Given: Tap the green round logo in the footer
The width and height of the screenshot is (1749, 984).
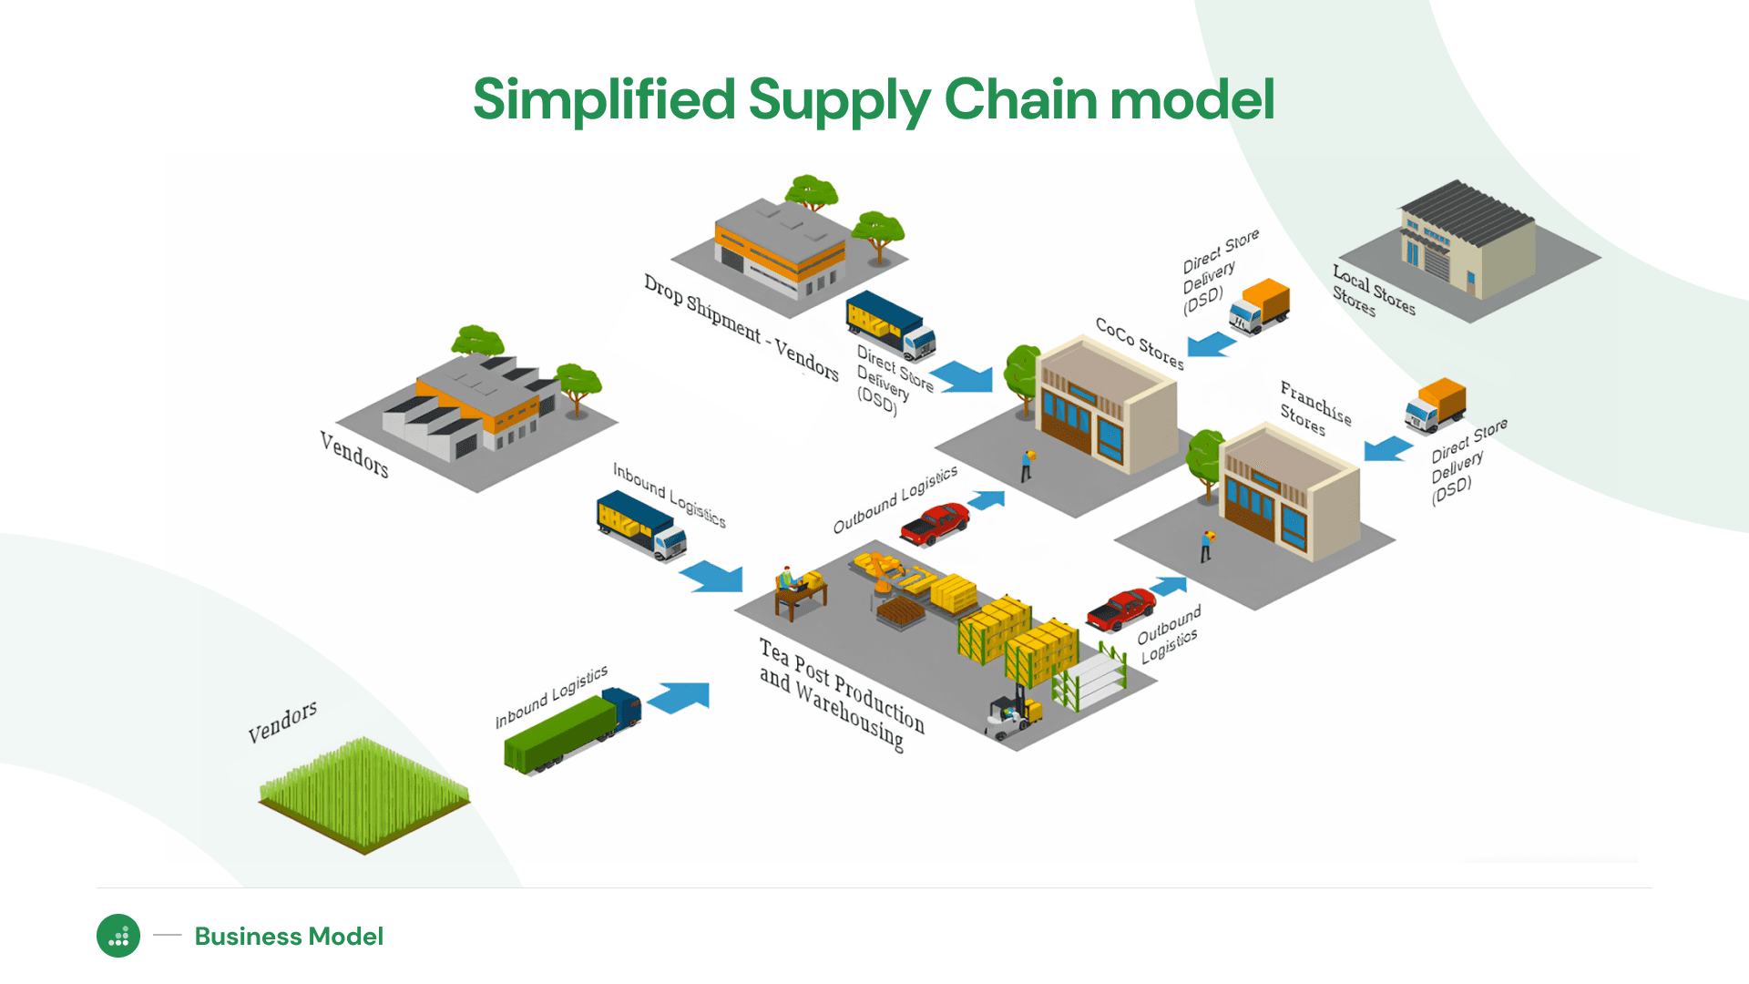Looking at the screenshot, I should coord(118,936).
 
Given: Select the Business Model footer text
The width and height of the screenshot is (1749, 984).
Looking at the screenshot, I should coord(289,936).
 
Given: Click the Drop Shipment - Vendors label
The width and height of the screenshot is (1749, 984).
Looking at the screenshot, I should coord(741,326).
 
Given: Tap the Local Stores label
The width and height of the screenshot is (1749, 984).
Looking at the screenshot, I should coord(1374,290).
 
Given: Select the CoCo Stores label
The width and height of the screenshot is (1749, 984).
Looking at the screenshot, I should coord(1140,343).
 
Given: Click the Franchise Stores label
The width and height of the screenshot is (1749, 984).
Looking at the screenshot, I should coord(1314,408).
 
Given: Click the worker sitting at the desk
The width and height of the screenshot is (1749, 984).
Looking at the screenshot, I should coord(789,582).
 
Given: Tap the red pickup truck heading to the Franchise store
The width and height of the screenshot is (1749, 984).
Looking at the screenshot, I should coord(1120,609).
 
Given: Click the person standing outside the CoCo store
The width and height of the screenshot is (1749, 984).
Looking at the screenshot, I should coord(1028,465).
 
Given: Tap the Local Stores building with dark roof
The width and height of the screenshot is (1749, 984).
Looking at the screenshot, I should coord(1467,241).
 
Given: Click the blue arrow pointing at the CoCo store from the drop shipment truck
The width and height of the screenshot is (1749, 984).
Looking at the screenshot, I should coord(963,376).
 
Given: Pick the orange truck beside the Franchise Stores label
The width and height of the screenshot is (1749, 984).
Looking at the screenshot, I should coord(1436,405).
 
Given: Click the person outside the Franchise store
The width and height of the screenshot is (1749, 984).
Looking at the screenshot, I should coord(1207,546).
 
